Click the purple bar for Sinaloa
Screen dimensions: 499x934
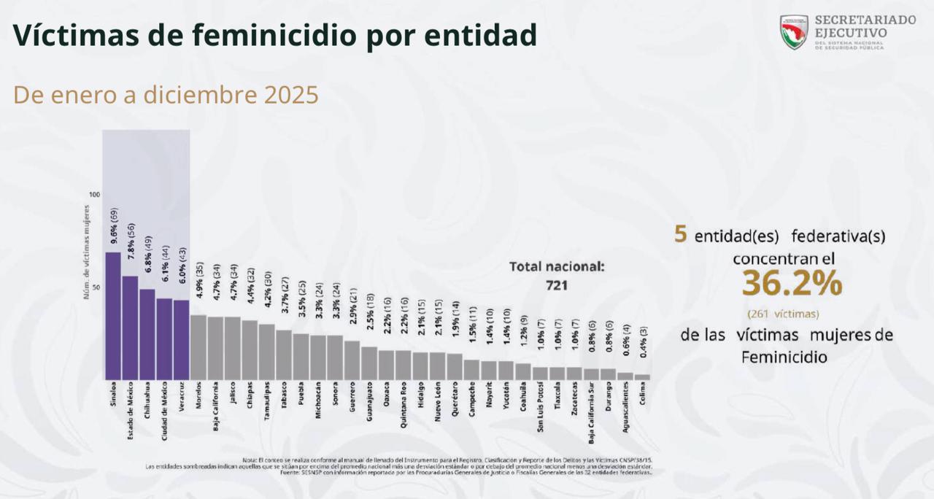point(113,315)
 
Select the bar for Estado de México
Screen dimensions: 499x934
point(130,327)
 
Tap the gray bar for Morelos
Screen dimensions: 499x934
point(198,347)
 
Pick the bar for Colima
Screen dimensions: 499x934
point(642,376)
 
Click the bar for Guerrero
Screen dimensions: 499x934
point(352,360)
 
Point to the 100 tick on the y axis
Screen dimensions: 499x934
point(94,195)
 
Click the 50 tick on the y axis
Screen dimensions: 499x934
point(96,287)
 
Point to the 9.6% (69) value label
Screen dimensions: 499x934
point(114,226)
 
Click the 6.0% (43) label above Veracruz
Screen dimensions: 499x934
point(182,274)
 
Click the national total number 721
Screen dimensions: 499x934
point(557,285)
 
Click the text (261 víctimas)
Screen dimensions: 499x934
point(782,314)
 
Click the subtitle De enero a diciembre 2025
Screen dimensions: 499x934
point(166,96)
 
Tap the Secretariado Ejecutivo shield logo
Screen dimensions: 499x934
point(794,31)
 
